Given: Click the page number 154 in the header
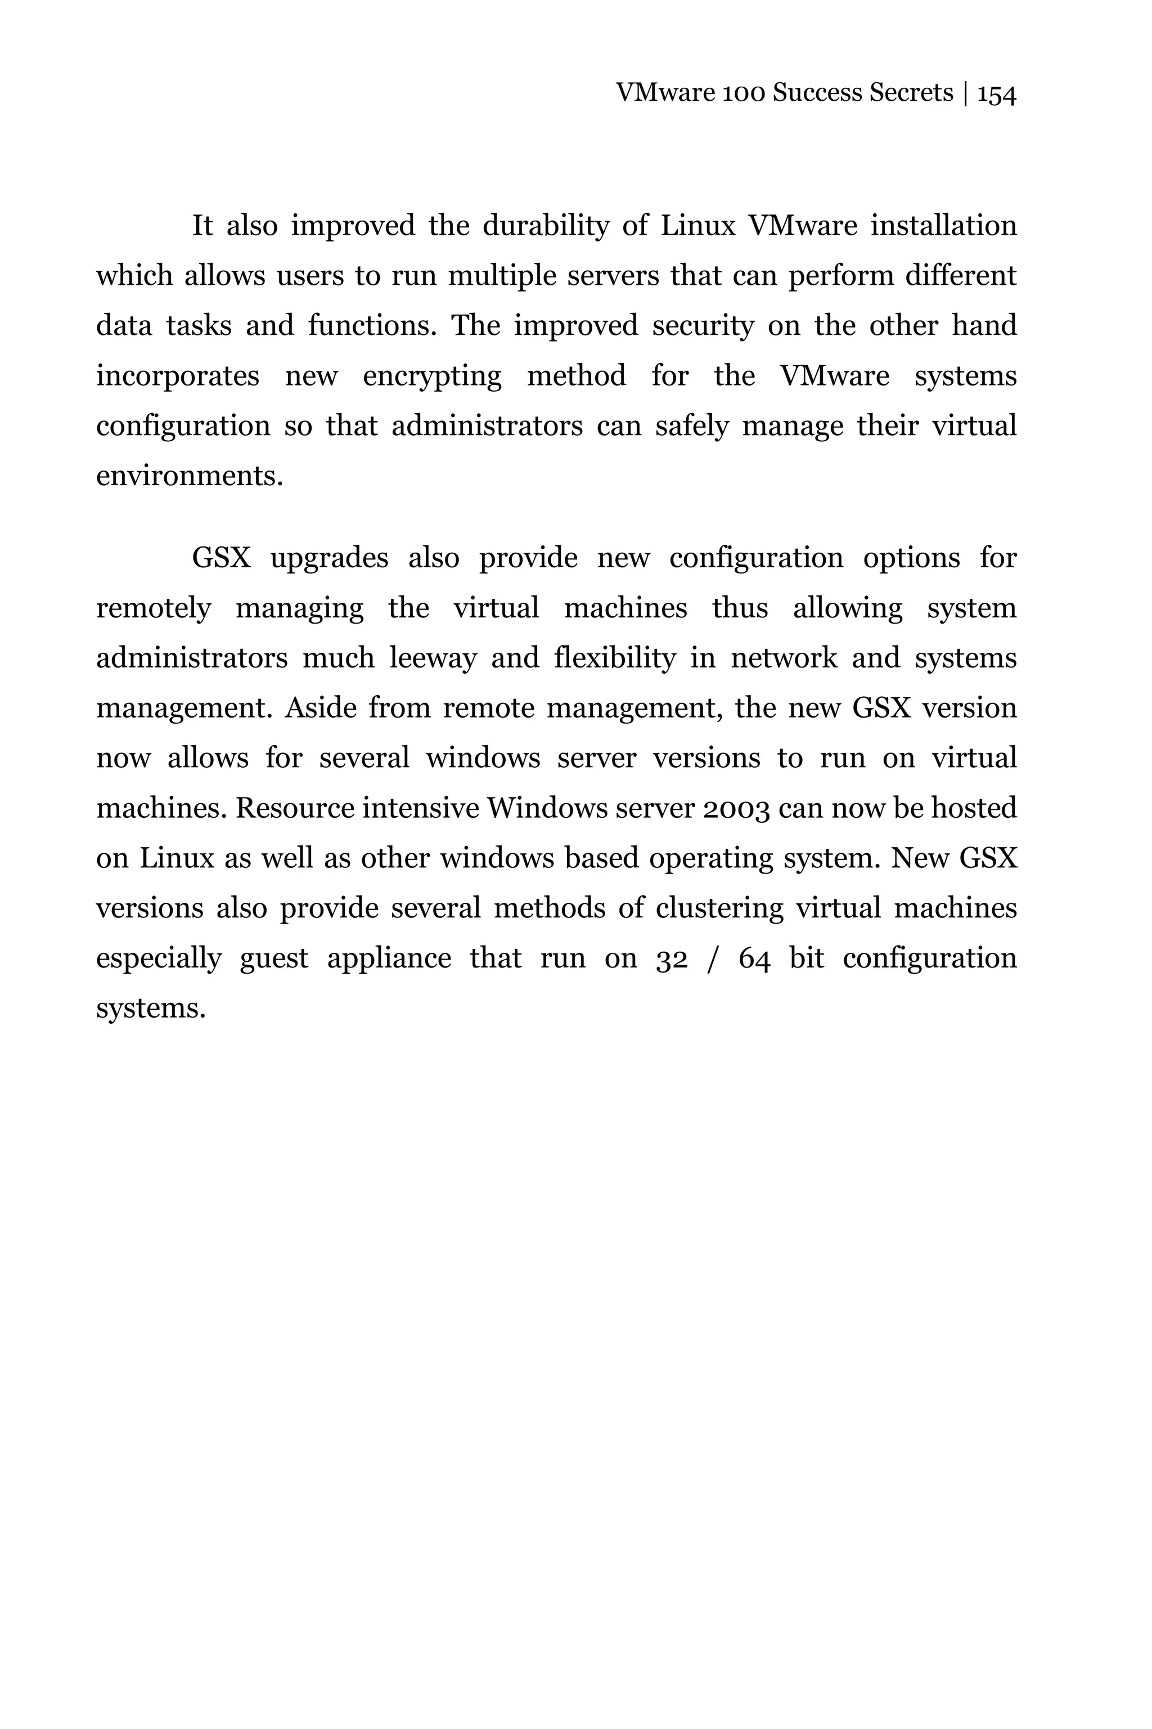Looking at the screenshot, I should tap(996, 94).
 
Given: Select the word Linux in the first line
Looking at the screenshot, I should tap(697, 226).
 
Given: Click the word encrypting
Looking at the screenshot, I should tap(432, 377).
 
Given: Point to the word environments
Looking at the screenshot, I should tap(189, 476).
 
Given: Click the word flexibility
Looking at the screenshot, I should tap(614, 659).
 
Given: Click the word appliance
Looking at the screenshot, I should tap(389, 959).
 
